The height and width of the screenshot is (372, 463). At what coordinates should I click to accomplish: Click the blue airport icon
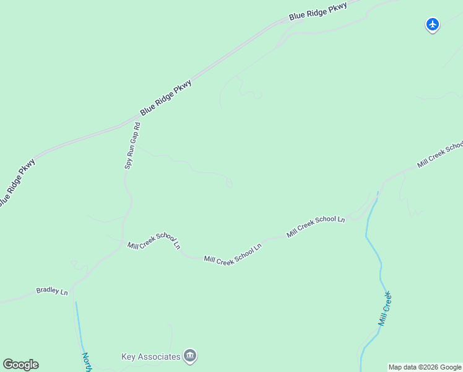point(433,25)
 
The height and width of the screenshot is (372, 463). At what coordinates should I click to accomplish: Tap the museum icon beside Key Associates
point(191,356)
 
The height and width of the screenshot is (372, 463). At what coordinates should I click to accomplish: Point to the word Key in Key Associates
point(128,356)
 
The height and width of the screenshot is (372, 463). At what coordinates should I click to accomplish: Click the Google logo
point(20,365)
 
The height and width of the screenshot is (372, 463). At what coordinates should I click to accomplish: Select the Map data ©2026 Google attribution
point(425,367)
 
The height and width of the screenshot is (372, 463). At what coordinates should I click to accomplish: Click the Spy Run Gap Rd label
point(132,146)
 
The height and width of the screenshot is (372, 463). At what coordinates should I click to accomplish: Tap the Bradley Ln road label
point(52,290)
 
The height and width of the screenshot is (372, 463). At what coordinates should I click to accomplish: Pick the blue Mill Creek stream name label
point(385,309)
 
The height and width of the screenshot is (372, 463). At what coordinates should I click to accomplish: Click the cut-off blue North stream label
point(87,361)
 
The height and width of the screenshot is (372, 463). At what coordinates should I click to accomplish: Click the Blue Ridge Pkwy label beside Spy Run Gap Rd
point(166,97)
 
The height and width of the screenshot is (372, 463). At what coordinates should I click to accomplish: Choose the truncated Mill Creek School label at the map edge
point(440,154)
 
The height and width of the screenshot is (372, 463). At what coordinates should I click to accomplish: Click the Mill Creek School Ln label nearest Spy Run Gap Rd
point(154,242)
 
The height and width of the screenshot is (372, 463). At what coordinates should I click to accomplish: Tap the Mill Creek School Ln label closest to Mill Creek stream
point(316,226)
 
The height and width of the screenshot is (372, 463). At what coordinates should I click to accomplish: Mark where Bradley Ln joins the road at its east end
point(73,287)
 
